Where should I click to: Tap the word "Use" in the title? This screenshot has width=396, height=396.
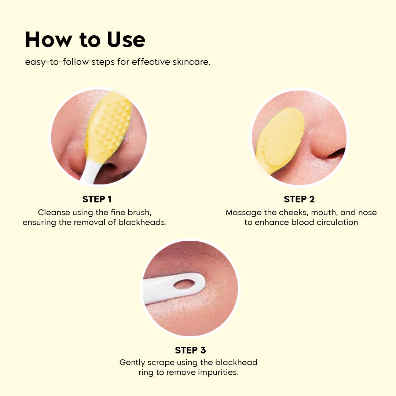click(x=126, y=40)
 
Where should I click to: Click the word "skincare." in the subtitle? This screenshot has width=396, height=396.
click(x=191, y=62)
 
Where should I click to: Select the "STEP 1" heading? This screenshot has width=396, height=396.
click(x=97, y=199)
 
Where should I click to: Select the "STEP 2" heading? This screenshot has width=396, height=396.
click(x=299, y=199)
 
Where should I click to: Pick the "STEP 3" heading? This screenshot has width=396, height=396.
click(x=191, y=350)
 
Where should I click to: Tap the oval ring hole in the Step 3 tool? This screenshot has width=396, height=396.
click(x=183, y=284)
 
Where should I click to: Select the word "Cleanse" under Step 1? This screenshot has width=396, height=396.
click(x=52, y=212)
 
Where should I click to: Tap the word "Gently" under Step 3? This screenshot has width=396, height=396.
click(x=132, y=363)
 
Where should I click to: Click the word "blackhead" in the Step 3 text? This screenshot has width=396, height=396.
click(x=237, y=363)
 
